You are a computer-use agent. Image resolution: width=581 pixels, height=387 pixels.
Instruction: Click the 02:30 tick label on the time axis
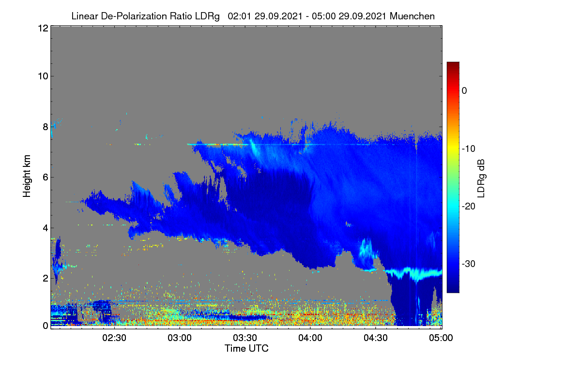[114, 338]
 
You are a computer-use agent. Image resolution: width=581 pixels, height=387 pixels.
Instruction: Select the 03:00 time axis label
[180, 338]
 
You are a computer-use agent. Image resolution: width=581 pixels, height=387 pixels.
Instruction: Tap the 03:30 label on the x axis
[245, 338]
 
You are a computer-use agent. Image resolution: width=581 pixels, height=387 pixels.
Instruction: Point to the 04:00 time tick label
[310, 338]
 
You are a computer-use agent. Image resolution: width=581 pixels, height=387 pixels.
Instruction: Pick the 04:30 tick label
[376, 338]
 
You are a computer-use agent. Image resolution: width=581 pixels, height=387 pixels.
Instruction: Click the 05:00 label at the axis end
[441, 338]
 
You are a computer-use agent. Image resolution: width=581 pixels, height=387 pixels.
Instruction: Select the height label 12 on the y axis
[43, 28]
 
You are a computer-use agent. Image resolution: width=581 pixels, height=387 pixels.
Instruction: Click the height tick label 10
[43, 76]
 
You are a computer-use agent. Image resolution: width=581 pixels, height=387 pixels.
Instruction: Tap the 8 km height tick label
[46, 127]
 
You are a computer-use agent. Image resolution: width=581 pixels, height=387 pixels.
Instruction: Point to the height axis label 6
[46, 178]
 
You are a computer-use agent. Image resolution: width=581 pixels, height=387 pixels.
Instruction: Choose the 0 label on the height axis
[46, 326]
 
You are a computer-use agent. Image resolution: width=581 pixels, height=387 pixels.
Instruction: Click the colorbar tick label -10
[469, 149]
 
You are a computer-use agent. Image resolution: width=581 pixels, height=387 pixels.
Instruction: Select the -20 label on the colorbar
[469, 207]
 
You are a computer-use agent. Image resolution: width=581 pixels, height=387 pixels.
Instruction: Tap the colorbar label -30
[469, 264]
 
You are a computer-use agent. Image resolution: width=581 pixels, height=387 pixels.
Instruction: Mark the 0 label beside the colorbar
[464, 91]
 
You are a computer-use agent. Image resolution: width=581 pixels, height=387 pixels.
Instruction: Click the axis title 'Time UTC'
[246, 348]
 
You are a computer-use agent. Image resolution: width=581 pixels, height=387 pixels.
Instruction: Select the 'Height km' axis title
[27, 176]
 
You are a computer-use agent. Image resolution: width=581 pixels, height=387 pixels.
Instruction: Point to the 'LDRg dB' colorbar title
[481, 179]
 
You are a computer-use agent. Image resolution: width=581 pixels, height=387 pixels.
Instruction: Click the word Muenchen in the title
[412, 16]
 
